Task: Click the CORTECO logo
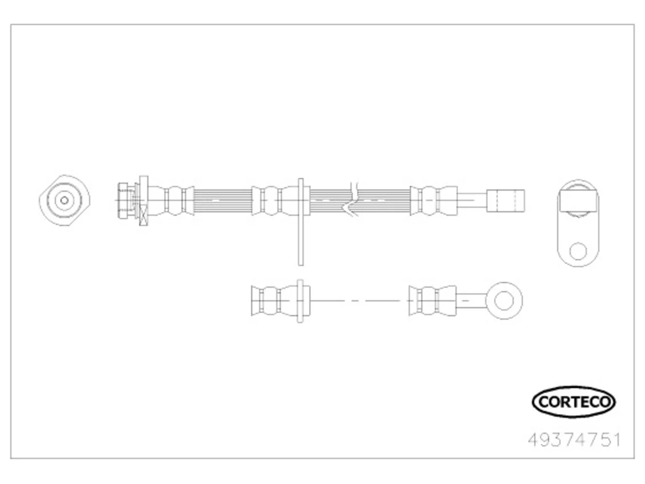573,402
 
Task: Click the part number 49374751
574,440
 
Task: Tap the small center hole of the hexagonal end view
64,201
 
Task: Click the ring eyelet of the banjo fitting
504,300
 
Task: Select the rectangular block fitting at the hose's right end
505,201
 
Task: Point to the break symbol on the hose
351,199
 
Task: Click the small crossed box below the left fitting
144,215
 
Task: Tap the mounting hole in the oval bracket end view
578,251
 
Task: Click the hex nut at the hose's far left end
123,201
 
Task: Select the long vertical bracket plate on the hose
301,222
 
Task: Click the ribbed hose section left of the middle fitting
222,201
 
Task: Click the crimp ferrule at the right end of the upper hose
433,201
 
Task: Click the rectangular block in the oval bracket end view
578,201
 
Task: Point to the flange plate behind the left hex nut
144,201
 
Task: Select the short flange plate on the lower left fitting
300,301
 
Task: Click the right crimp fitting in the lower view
432,300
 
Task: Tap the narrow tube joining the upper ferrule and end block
472,201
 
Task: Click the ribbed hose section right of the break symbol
384,201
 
